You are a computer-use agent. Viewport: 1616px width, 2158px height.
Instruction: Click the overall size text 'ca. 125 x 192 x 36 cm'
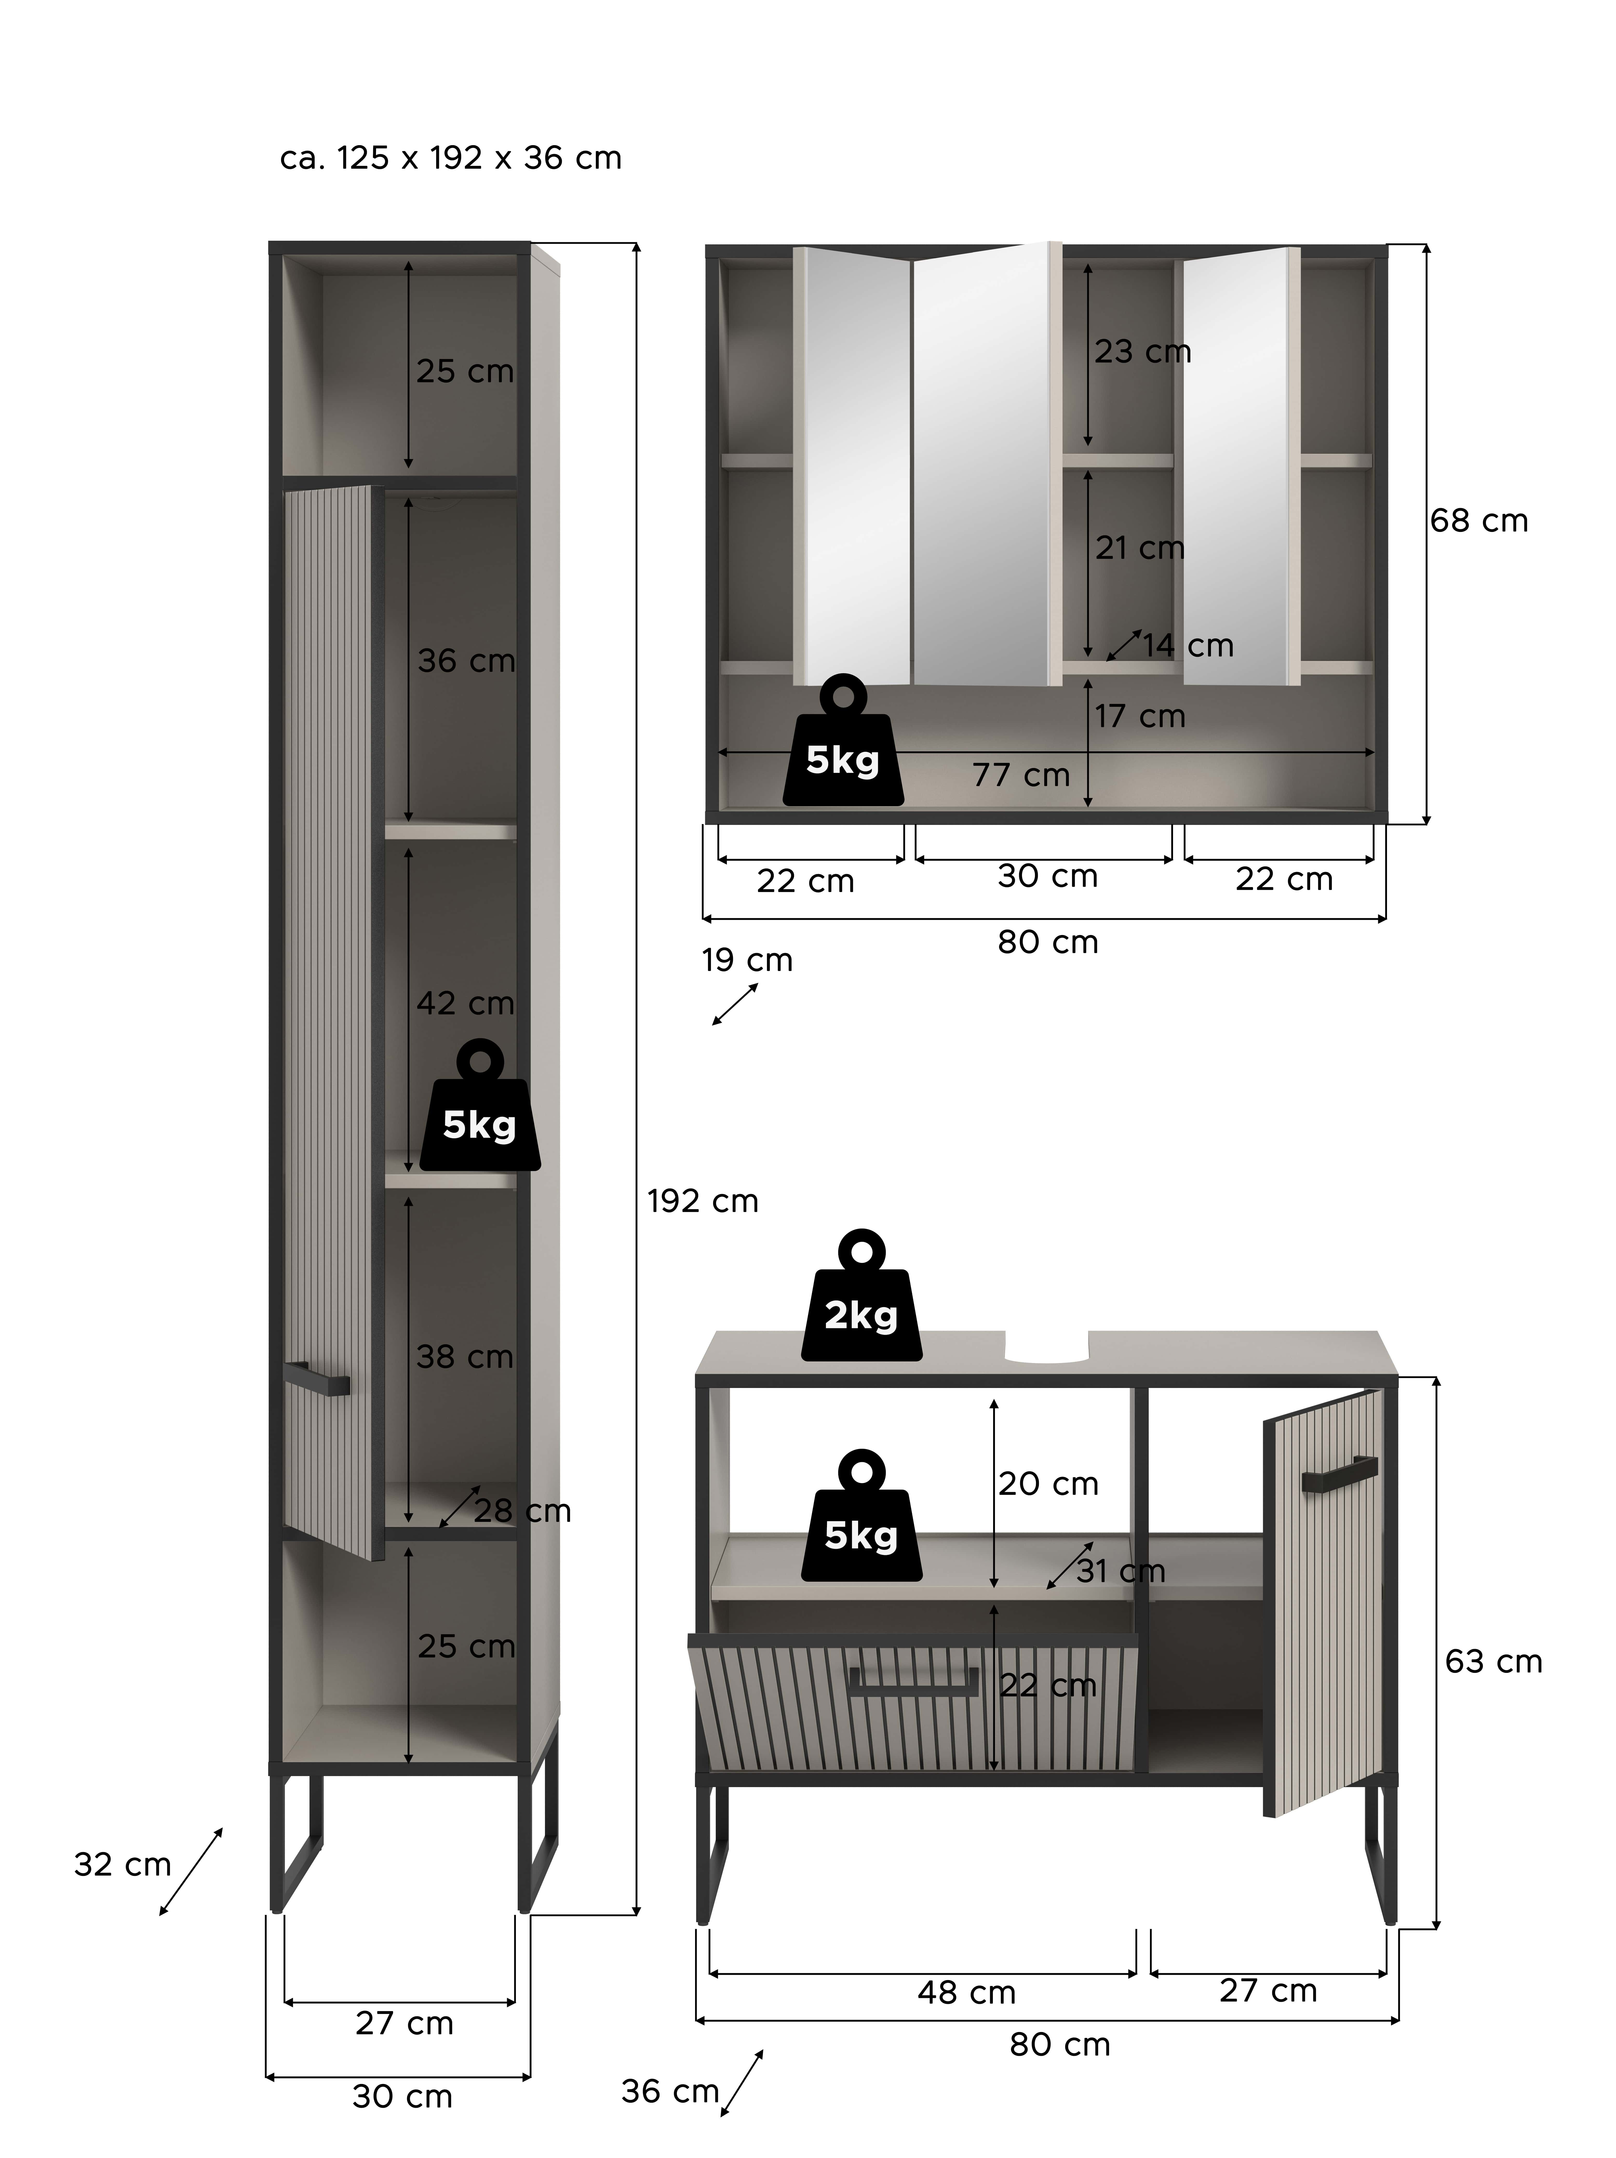[x=450, y=158]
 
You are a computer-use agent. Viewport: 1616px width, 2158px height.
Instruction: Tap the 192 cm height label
[x=702, y=1201]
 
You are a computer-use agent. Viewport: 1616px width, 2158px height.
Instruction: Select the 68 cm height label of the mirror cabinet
[x=1478, y=521]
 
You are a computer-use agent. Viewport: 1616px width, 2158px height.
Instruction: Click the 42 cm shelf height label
[x=465, y=1003]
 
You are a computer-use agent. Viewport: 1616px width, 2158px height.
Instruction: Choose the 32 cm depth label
[x=122, y=1864]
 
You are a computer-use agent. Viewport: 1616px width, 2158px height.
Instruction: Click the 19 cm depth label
[x=747, y=960]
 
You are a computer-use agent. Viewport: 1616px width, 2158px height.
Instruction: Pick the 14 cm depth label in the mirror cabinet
[x=1188, y=646]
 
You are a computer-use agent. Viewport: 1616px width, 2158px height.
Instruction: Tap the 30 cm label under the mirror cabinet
[x=1047, y=876]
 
